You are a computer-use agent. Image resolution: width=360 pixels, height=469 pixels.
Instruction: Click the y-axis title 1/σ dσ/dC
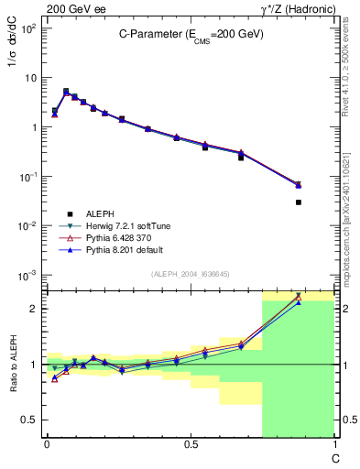pyautogui.click(x=12, y=55)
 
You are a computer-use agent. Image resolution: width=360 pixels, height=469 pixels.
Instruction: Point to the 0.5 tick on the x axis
pyautogui.click(x=190, y=445)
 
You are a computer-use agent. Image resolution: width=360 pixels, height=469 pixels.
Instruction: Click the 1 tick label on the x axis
pyautogui.click(x=333, y=445)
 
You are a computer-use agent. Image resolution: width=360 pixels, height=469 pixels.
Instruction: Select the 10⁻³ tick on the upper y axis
pyautogui.click(x=27, y=275)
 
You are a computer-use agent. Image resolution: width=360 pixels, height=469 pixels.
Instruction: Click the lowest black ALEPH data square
pyautogui.click(x=299, y=202)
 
